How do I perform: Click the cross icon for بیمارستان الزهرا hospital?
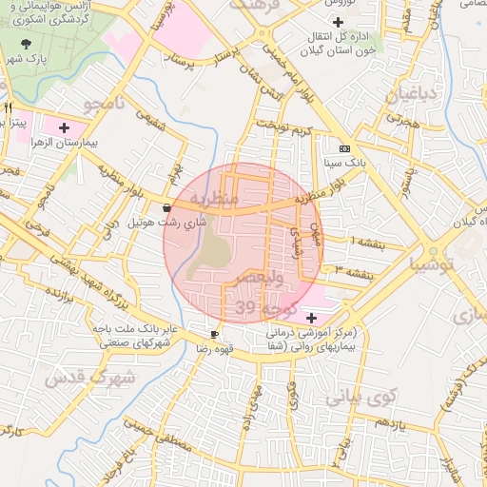[x=64, y=127]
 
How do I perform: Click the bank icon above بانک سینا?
[x=343, y=148]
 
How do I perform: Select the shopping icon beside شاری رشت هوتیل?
[x=167, y=207]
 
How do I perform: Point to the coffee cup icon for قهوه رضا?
[x=214, y=334]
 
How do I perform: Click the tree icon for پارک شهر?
[x=26, y=44]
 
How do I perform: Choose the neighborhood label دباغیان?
[x=415, y=95]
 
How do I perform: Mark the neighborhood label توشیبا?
[x=432, y=266]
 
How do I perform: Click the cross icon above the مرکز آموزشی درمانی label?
[x=312, y=317]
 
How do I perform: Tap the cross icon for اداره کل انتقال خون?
[x=338, y=21]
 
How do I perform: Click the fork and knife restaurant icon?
[x=9, y=107]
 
